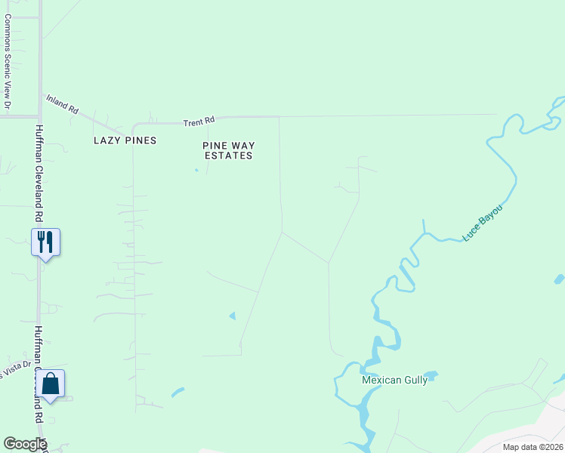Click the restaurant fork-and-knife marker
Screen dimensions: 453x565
45,242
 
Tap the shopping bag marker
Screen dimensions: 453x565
50,384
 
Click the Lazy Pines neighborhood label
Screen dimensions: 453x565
125,140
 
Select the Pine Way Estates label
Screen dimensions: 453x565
227,150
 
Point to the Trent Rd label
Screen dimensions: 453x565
199,120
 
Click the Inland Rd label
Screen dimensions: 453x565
63,104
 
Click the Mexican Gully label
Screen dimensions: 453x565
394,381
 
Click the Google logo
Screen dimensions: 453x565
25,444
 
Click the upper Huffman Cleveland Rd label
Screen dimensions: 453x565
38,174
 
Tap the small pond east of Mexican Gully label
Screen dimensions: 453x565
431,374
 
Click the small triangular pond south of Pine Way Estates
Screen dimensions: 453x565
232,315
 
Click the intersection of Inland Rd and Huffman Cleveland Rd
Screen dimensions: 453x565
40,117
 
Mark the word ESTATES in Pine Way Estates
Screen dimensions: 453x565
227,156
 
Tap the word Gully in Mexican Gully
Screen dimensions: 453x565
415,381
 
